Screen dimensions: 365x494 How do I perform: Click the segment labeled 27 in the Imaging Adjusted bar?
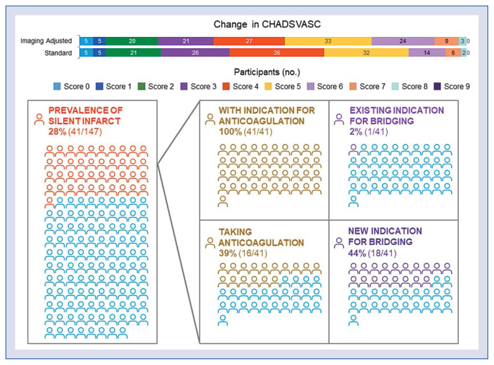pos(249,41)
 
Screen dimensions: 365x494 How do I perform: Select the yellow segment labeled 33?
pos(328,41)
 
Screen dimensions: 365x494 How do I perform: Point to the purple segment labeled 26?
pos(187,52)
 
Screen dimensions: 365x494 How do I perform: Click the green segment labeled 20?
pos(132,41)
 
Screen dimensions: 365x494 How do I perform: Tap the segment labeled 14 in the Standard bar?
pos(427,52)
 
